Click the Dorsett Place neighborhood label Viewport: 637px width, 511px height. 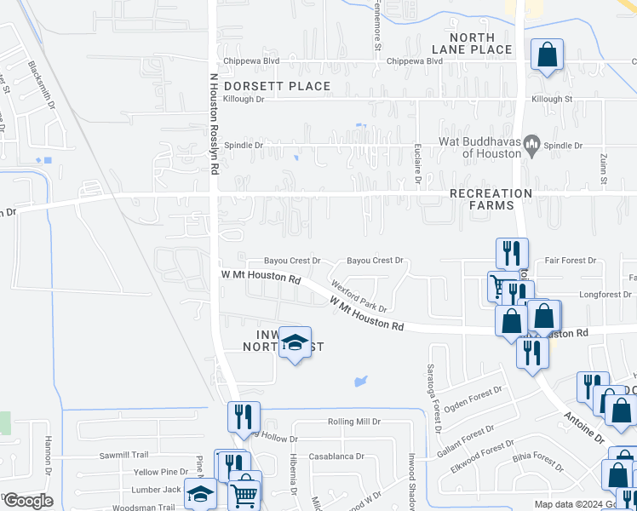pos(277,86)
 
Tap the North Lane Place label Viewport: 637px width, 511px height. pos(483,43)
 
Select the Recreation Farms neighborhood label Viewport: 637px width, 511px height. pos(491,199)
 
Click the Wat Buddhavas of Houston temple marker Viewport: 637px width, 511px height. pos(532,146)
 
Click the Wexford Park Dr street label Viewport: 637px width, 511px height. pos(359,297)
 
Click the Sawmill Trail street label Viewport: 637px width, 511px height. pos(123,455)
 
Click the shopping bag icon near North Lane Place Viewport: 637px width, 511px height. pos(547,56)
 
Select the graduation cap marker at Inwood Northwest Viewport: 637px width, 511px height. pos(295,343)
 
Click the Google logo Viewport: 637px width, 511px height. pos(28,500)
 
